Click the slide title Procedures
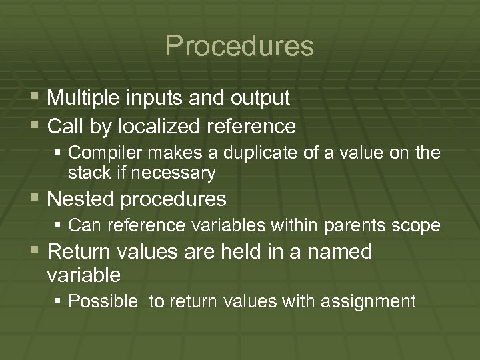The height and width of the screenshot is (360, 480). [x=239, y=46]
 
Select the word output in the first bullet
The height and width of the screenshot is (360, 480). [x=260, y=99]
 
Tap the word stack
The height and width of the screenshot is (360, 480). [x=85, y=173]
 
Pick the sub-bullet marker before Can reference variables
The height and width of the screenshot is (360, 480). [x=59, y=226]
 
